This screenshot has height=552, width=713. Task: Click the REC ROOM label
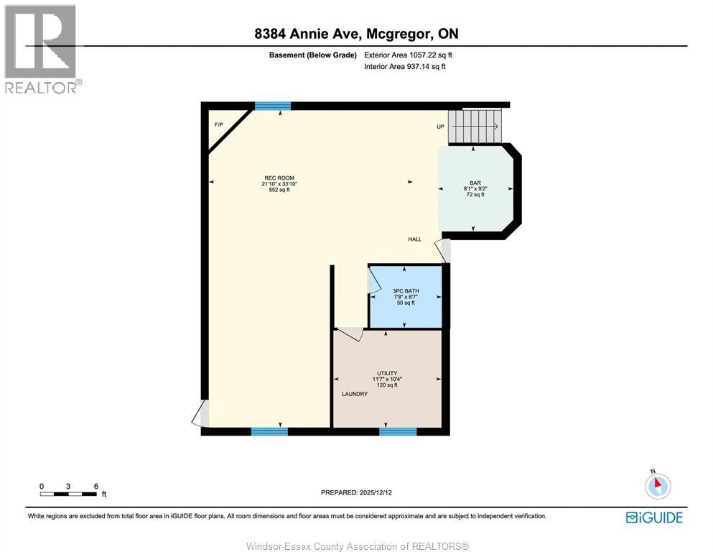(279, 178)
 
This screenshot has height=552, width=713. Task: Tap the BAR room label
(475, 183)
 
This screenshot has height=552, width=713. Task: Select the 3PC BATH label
(405, 291)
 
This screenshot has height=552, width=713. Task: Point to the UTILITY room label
(387, 373)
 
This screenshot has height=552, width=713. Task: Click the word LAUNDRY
(355, 394)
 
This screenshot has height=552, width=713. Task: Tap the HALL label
(414, 239)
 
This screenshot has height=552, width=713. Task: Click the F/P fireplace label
(219, 125)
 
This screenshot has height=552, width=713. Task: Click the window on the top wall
(273, 106)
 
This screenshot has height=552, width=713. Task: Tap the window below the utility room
(398, 431)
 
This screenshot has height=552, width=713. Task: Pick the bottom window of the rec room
(269, 431)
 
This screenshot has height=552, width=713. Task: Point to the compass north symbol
(657, 486)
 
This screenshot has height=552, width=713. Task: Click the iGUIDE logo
(654, 517)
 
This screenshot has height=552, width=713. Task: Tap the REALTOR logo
(42, 49)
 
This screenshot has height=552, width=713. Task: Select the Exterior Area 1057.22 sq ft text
(409, 55)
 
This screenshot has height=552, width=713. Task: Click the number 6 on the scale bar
(95, 486)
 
